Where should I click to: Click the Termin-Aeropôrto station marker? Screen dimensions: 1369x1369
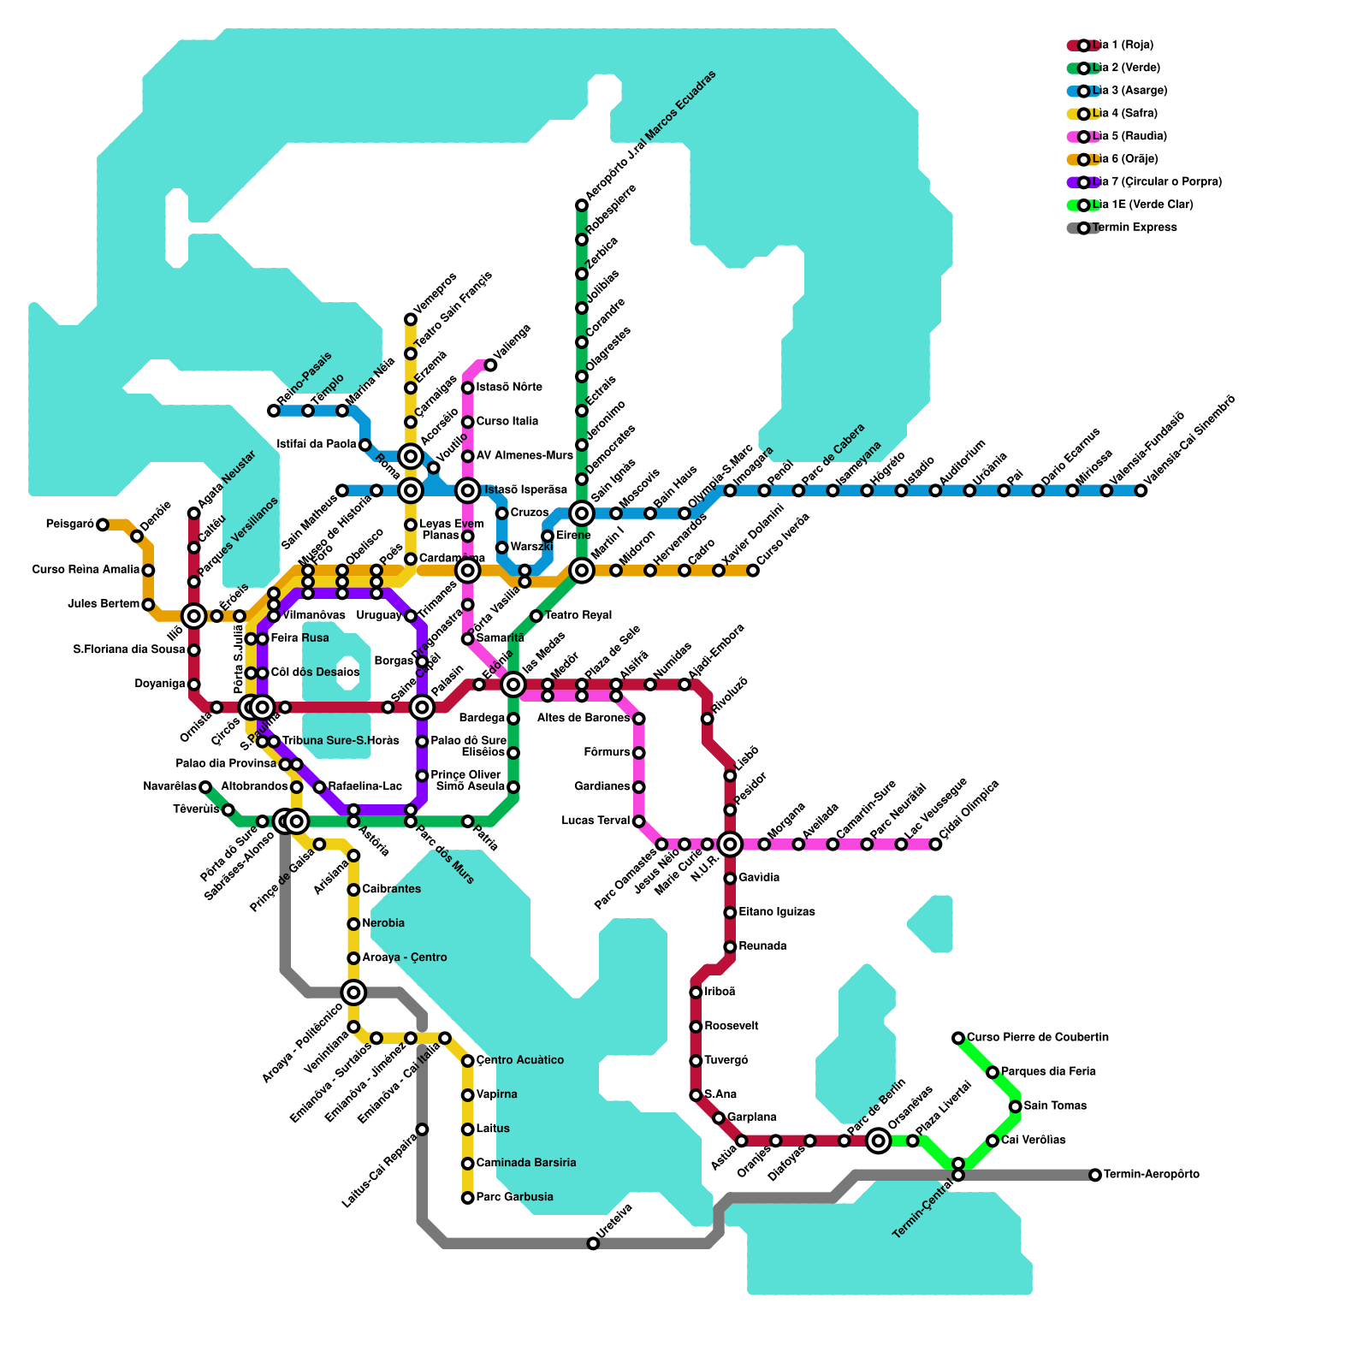[x=1095, y=1175]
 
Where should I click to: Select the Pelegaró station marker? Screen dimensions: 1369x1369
[x=103, y=524]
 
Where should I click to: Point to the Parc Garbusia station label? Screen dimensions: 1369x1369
[x=514, y=1197]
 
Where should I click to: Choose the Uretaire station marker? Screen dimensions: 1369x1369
[x=593, y=1243]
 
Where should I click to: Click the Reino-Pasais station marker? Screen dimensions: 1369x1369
[x=274, y=411]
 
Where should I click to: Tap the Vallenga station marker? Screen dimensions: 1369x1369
[x=490, y=365]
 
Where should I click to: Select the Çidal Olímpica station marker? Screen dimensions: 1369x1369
[x=935, y=845]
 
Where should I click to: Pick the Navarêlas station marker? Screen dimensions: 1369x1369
[x=205, y=787]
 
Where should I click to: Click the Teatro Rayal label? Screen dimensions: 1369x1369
[x=578, y=616]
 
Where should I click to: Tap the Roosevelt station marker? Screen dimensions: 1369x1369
[x=696, y=1027]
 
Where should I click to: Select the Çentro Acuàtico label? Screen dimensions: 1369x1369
[x=520, y=1061]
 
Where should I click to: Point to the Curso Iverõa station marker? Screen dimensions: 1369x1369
[x=753, y=571]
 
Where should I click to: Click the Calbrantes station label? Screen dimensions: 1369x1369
[x=391, y=890]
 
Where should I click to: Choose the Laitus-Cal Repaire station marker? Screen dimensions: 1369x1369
[x=422, y=1129]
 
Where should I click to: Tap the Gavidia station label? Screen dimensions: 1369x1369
[x=759, y=879]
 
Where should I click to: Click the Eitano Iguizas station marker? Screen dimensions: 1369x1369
[x=730, y=913]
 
